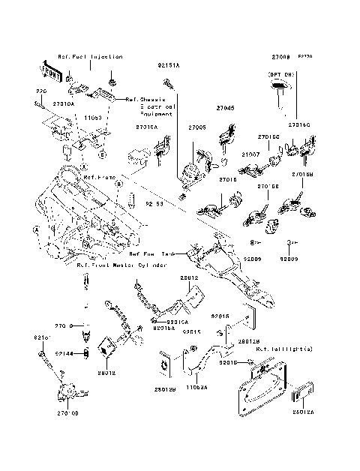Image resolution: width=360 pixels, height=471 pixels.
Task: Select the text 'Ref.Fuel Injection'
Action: point(90,57)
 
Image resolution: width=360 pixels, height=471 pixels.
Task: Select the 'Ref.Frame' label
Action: point(98,178)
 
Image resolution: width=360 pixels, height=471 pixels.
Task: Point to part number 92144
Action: point(63,352)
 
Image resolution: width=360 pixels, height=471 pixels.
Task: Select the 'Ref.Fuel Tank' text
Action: point(153,253)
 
